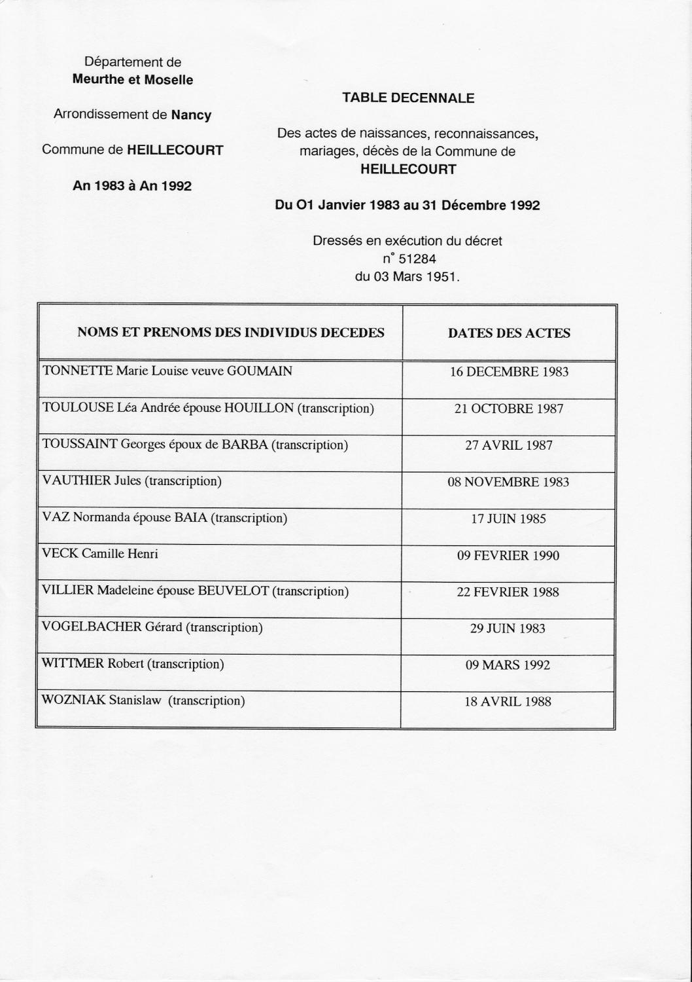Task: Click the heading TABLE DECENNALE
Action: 408,98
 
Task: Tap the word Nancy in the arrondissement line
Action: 191,115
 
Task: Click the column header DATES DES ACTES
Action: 509,333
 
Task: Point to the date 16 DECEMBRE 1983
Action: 509,373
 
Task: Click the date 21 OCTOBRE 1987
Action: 509,409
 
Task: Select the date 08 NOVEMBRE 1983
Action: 509,482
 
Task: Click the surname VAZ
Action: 56,518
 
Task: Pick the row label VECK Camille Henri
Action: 100,554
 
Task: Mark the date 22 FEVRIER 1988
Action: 508,592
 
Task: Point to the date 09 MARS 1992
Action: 508,666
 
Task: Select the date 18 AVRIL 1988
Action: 508,702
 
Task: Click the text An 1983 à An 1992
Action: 133,186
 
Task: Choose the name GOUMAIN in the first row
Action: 260,371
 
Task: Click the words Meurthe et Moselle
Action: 133,81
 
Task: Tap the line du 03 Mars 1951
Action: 407,276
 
